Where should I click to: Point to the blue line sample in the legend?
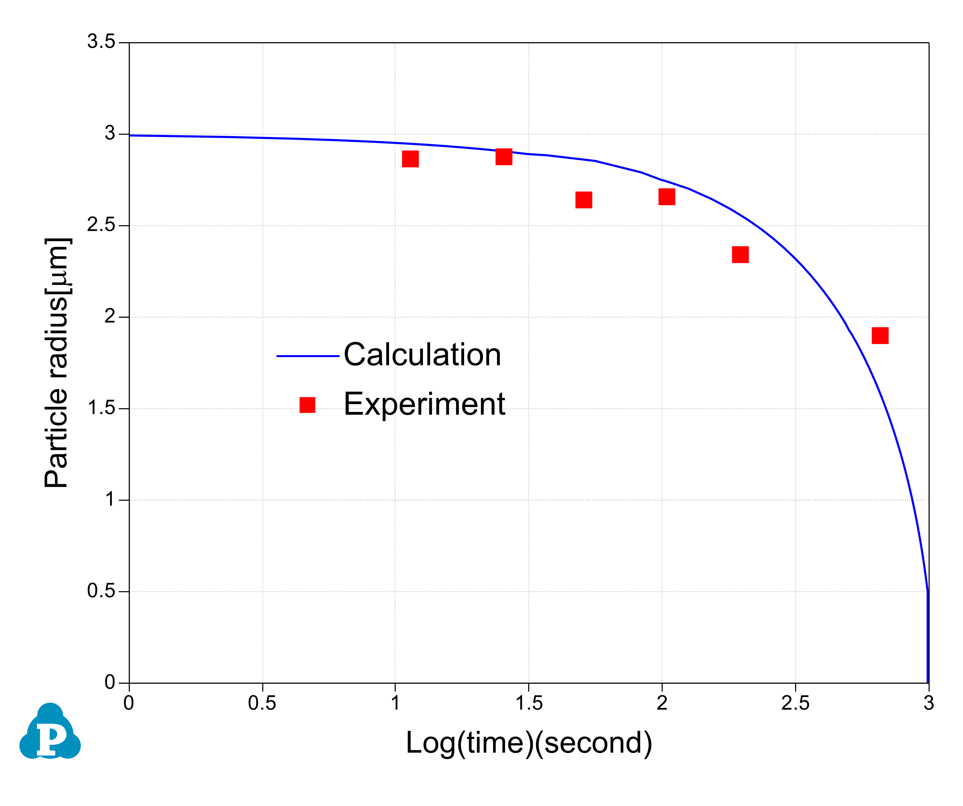point(308,356)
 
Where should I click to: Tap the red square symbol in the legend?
point(307,405)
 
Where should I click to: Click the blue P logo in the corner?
point(50,731)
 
